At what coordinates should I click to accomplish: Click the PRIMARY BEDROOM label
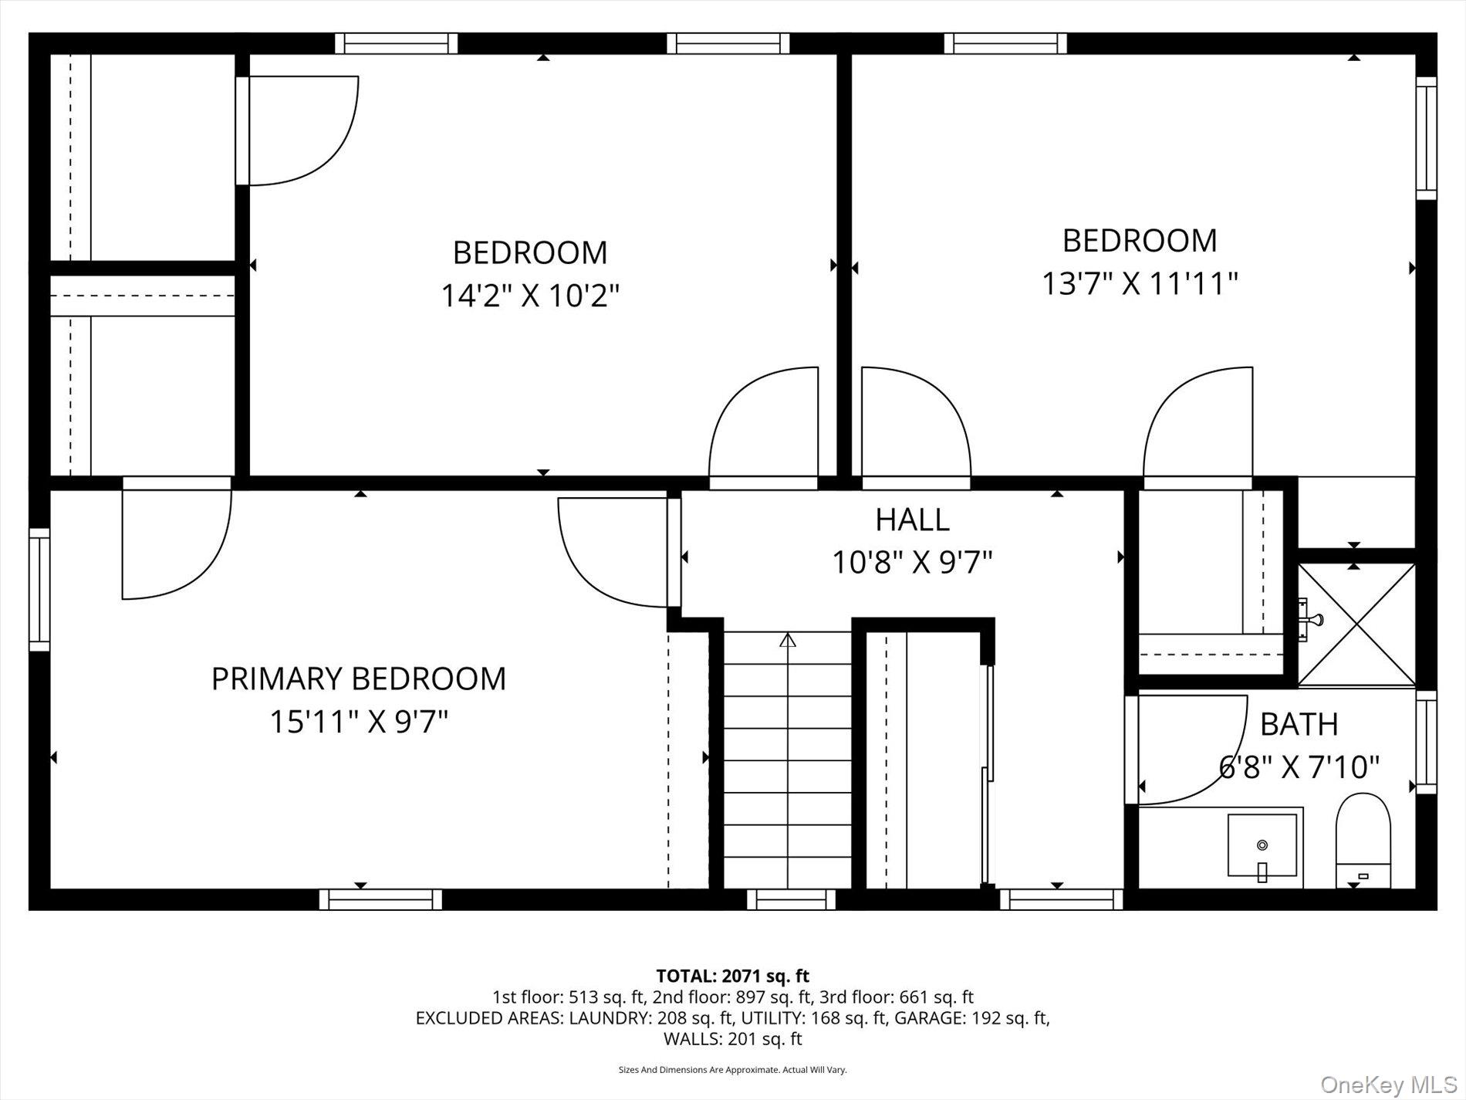tap(359, 679)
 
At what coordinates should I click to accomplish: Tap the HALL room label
tap(912, 520)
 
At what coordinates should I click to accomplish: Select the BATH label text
tap(1299, 724)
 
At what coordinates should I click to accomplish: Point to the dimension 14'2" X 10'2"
tap(530, 295)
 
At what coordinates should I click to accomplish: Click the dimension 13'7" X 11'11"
tap(1140, 283)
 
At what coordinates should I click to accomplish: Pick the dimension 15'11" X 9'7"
tap(359, 722)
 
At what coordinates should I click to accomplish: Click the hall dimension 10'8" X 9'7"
tap(912, 562)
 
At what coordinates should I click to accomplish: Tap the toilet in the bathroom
tap(1363, 840)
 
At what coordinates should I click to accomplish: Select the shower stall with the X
tap(1356, 624)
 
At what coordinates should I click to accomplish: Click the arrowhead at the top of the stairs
tap(787, 640)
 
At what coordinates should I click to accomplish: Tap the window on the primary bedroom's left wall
tap(39, 589)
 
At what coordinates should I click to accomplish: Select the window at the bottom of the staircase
tap(791, 899)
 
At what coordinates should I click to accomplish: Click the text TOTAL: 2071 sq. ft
tap(732, 976)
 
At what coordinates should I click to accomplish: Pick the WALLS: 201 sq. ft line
tap(732, 1039)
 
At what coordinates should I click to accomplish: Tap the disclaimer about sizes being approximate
tap(732, 1070)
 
